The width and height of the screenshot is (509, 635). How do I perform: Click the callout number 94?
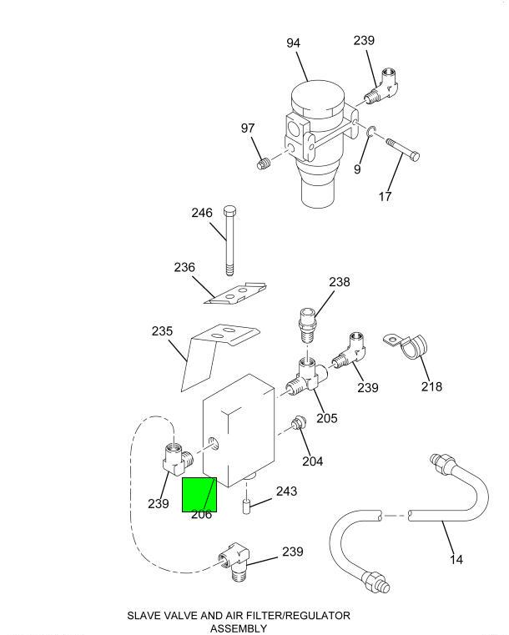tap(293, 43)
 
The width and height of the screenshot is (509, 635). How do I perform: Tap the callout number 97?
tap(248, 129)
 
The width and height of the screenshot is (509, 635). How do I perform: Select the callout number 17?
tap(385, 197)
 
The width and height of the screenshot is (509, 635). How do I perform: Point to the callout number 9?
tap(357, 169)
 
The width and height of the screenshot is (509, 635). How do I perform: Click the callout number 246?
tap(202, 213)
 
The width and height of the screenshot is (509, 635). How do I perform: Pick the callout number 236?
tap(184, 268)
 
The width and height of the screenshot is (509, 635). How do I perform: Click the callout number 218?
tap(431, 386)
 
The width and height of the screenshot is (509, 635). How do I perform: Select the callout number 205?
tap(327, 418)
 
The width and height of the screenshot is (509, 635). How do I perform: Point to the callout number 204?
tap(312, 461)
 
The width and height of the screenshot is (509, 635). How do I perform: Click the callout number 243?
tap(286, 491)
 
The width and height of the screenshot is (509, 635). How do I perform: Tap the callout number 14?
tap(456, 560)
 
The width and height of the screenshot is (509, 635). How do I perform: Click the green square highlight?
tap(199, 494)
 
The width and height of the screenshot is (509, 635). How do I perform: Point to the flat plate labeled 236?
tap(237, 295)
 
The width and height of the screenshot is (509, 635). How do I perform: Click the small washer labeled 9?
tap(371, 130)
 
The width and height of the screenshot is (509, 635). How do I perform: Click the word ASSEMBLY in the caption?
tap(238, 627)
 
